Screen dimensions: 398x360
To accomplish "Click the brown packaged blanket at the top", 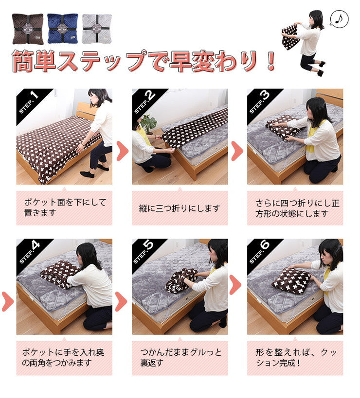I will point(27,29).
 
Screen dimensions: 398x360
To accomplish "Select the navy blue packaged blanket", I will point(62,29).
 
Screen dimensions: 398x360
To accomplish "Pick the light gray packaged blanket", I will point(97,29).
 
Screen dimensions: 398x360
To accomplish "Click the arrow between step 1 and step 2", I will point(122,151).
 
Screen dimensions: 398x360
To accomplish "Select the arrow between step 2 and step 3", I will point(237,151).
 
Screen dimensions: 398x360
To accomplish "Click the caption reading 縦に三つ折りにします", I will point(180,208).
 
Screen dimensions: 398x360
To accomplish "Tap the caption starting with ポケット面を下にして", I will point(64,208).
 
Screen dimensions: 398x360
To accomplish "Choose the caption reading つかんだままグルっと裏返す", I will point(180,358).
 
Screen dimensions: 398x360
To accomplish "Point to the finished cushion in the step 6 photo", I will point(291,280).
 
